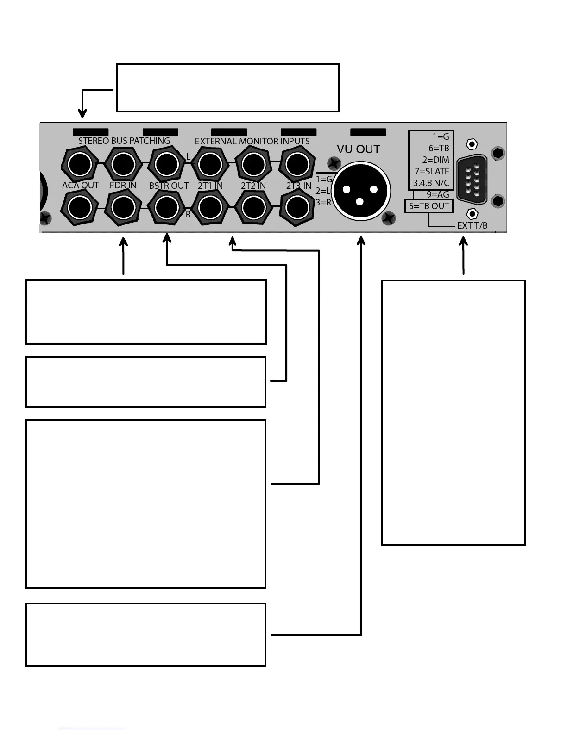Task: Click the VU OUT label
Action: (358, 149)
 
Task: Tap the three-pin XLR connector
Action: (361, 190)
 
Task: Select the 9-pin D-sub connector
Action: (472, 179)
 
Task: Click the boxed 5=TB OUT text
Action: (429, 206)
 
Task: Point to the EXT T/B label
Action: (472, 226)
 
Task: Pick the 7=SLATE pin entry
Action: (432, 171)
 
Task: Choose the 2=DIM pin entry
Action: (435, 160)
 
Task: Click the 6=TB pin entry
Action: (439, 148)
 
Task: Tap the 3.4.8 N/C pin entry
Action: (431, 183)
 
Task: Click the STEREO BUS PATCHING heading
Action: (124, 141)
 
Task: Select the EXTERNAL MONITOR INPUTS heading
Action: (252, 141)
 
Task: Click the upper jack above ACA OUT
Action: (80, 164)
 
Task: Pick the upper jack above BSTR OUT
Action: (166, 164)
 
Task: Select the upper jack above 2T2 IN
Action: (253, 164)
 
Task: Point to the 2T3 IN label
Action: (299, 186)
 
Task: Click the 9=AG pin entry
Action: (438, 194)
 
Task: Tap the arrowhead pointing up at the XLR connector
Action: (362, 242)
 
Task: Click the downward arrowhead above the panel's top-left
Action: (82, 113)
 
